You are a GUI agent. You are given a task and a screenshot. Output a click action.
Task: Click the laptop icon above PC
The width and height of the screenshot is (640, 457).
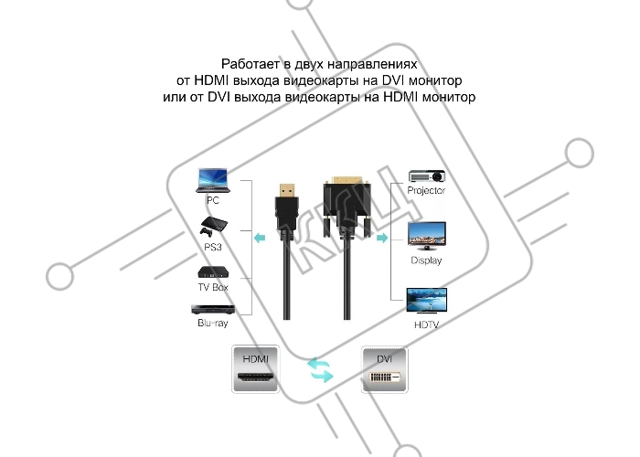(213, 180)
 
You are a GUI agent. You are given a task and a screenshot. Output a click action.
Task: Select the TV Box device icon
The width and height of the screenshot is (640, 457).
(213, 272)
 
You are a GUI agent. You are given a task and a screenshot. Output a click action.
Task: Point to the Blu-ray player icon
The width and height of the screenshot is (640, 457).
(213, 310)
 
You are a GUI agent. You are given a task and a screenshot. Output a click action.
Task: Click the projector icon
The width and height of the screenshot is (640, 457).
(427, 175)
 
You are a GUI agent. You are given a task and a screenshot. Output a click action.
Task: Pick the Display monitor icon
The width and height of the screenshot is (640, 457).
(427, 236)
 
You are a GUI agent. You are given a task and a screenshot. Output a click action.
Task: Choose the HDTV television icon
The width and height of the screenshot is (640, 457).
(427, 301)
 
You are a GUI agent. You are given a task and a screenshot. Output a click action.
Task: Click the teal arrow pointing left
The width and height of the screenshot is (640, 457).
(260, 238)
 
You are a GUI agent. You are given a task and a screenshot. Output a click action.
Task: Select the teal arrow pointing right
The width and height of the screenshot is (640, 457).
(382, 238)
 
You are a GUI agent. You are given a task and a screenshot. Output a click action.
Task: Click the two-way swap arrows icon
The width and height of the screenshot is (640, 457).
(320, 370)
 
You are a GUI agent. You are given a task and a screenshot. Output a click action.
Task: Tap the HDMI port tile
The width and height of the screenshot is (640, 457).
(256, 369)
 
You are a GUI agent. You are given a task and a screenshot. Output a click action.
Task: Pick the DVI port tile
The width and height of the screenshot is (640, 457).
(385, 369)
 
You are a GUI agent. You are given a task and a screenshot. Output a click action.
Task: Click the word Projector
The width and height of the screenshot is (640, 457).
(426, 190)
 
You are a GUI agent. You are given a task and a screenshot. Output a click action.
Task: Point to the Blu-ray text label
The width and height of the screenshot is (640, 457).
(213, 323)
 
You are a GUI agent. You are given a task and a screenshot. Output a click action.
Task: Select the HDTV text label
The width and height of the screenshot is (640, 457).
(427, 324)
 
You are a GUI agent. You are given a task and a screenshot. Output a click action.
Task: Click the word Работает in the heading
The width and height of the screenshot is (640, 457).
(251, 64)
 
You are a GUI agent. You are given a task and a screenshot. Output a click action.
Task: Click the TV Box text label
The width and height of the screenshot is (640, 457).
(213, 287)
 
